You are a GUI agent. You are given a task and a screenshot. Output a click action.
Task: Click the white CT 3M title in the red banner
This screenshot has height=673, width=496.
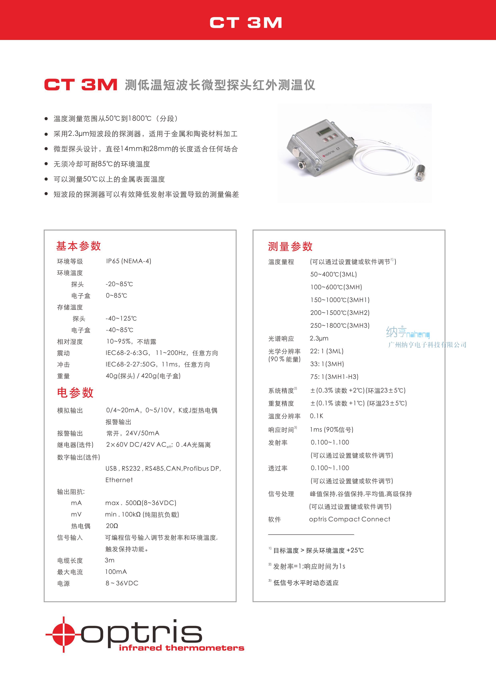pos(246,23)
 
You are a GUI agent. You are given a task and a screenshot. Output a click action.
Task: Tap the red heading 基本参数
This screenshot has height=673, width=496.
pos(79,246)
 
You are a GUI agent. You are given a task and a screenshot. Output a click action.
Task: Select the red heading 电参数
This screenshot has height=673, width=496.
pos(75,392)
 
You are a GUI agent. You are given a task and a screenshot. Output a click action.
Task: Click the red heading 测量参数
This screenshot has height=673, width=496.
pos(290,246)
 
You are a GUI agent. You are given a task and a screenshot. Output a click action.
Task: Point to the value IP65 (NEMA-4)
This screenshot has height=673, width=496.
pos(129,261)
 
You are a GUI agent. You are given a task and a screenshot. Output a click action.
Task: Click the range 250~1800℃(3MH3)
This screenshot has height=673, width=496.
pos(340,325)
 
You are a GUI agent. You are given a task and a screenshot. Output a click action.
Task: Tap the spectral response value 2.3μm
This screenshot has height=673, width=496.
pos(319,338)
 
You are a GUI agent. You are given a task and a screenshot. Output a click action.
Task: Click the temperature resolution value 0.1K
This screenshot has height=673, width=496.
pos(316,416)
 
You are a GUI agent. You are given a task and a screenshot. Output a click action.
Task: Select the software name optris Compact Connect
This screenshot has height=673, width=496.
pos(349,519)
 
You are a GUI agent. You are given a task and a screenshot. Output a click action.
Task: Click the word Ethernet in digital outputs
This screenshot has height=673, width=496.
pos(119,480)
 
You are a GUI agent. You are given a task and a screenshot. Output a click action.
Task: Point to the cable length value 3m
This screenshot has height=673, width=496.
pos(110,560)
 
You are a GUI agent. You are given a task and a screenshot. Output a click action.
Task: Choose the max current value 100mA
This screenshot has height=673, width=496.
pos(116,571)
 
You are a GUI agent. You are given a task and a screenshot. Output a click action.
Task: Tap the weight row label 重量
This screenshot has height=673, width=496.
pos(63,376)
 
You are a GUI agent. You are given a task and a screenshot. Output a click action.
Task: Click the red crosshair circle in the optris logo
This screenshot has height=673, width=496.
pos(64,634)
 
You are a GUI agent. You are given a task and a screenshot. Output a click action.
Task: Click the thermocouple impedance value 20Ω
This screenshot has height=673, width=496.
pos(112,526)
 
